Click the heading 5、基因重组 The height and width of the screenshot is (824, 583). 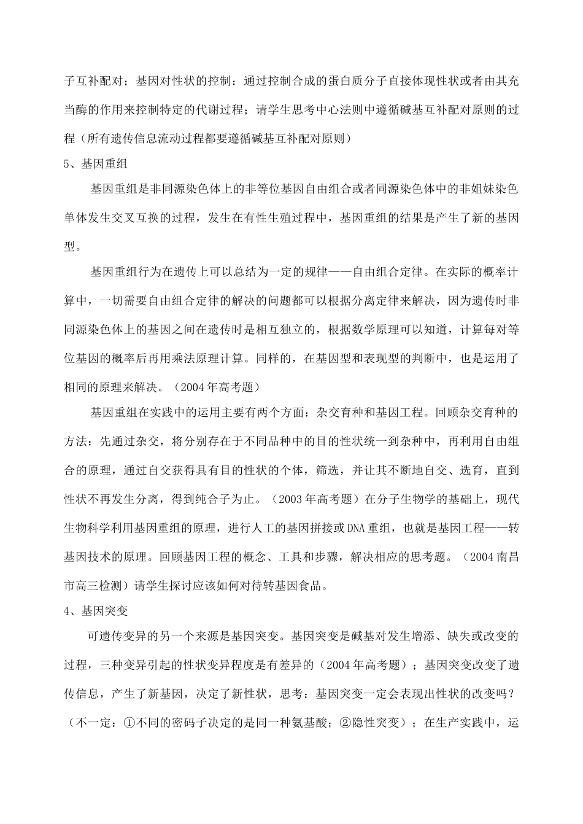pos(95,165)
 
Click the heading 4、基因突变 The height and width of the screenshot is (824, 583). pos(95,611)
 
